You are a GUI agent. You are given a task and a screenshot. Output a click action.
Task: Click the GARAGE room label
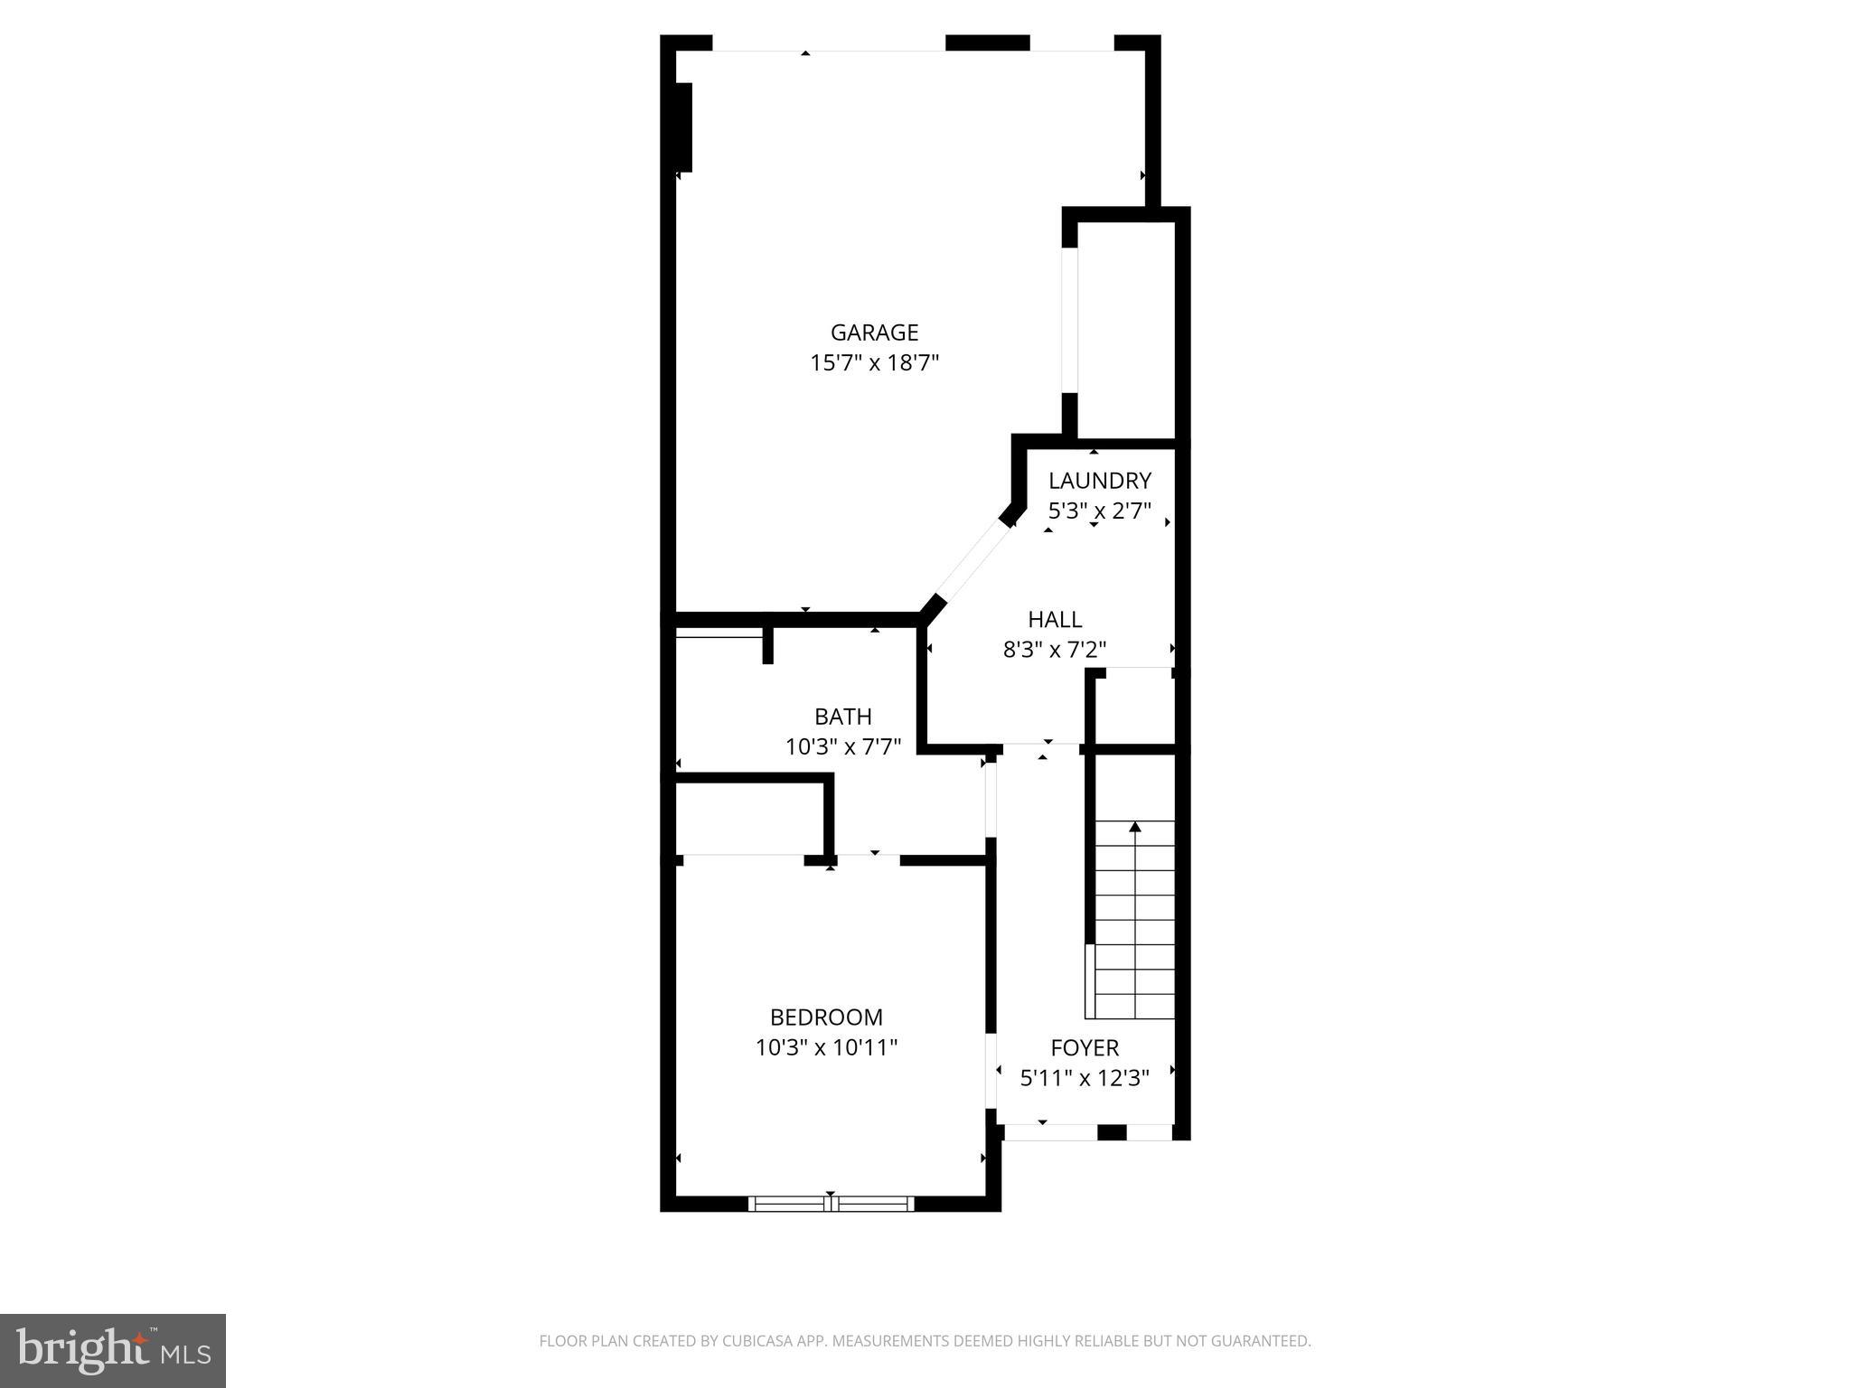tap(874, 333)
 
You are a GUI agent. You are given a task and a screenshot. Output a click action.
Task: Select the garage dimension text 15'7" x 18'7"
tap(874, 363)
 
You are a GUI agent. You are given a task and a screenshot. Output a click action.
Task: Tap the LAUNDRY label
tap(1099, 481)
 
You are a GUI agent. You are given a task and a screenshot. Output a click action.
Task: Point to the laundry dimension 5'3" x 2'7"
tap(1099, 511)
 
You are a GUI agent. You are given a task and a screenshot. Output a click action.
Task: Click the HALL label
tap(1055, 620)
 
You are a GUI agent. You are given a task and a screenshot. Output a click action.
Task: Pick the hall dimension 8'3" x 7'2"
tap(1055, 650)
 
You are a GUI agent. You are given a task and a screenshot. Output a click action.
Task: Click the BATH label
tap(842, 717)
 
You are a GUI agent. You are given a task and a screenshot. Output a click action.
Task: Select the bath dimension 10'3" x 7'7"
tap(842, 747)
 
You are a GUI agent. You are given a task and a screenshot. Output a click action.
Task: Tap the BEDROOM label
tap(826, 1018)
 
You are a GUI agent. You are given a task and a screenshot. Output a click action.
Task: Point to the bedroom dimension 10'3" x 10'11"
tap(826, 1048)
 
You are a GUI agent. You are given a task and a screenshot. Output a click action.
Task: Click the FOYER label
tap(1085, 1048)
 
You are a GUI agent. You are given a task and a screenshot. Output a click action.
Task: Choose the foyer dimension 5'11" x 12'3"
tap(1085, 1078)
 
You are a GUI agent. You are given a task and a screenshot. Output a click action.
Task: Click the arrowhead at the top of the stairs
tap(1135, 826)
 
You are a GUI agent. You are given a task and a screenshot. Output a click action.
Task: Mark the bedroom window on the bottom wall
tap(831, 1204)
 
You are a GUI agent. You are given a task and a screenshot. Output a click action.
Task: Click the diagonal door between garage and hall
tap(972, 560)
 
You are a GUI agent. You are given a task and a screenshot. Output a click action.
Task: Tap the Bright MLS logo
tap(112, 1350)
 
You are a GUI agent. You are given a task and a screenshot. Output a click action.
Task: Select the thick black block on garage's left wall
tap(683, 127)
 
